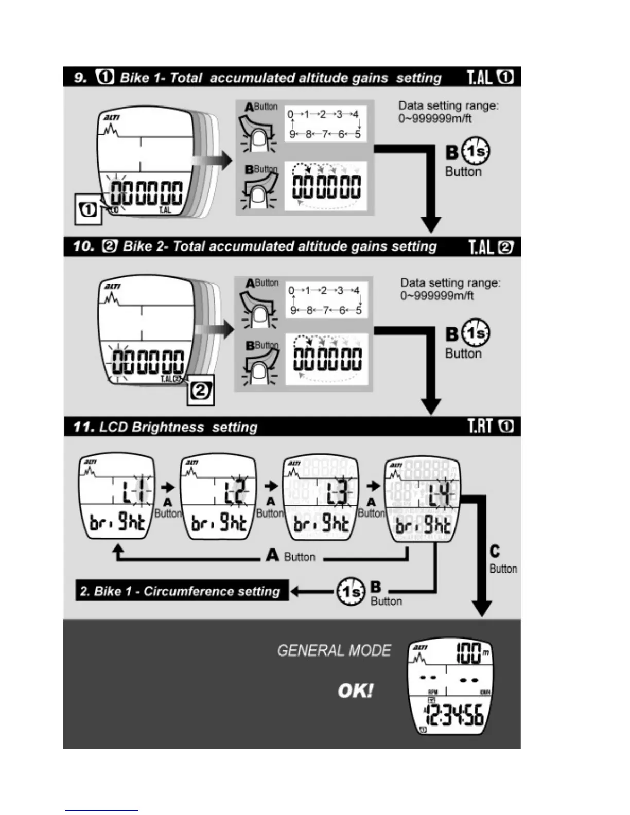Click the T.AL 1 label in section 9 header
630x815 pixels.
click(x=489, y=77)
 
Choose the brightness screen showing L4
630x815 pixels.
click(x=423, y=499)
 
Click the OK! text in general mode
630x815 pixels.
click(x=356, y=690)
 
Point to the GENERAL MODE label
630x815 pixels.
click(x=334, y=651)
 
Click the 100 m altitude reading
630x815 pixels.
click(x=471, y=653)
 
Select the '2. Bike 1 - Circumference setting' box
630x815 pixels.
click(x=181, y=591)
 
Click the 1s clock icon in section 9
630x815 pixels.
click(x=476, y=151)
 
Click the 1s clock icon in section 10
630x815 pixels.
click(x=476, y=333)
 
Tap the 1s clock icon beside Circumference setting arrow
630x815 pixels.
click(x=351, y=592)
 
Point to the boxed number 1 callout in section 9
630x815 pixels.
click(x=88, y=209)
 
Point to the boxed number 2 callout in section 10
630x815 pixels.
click(x=200, y=391)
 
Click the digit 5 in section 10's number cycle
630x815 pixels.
click(x=359, y=310)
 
